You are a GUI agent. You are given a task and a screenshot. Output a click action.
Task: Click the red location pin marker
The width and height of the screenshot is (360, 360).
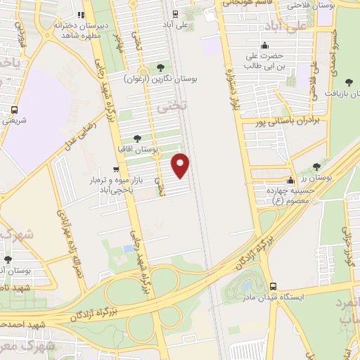pos(181,166)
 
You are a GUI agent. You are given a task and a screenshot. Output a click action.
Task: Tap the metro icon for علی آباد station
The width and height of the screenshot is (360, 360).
pos(175,13)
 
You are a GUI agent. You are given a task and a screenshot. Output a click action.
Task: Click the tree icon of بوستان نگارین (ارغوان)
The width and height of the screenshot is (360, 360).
pos(161,67)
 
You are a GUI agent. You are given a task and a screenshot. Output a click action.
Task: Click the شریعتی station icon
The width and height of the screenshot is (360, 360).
pos(14,110)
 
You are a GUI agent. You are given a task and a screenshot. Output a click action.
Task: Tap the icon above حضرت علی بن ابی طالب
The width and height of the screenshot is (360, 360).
pos(264,46)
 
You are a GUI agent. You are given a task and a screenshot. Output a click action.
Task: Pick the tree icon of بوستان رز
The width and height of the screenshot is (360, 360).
pos(316,167)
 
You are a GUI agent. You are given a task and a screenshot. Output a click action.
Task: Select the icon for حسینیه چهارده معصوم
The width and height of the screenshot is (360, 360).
pos(290,181)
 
